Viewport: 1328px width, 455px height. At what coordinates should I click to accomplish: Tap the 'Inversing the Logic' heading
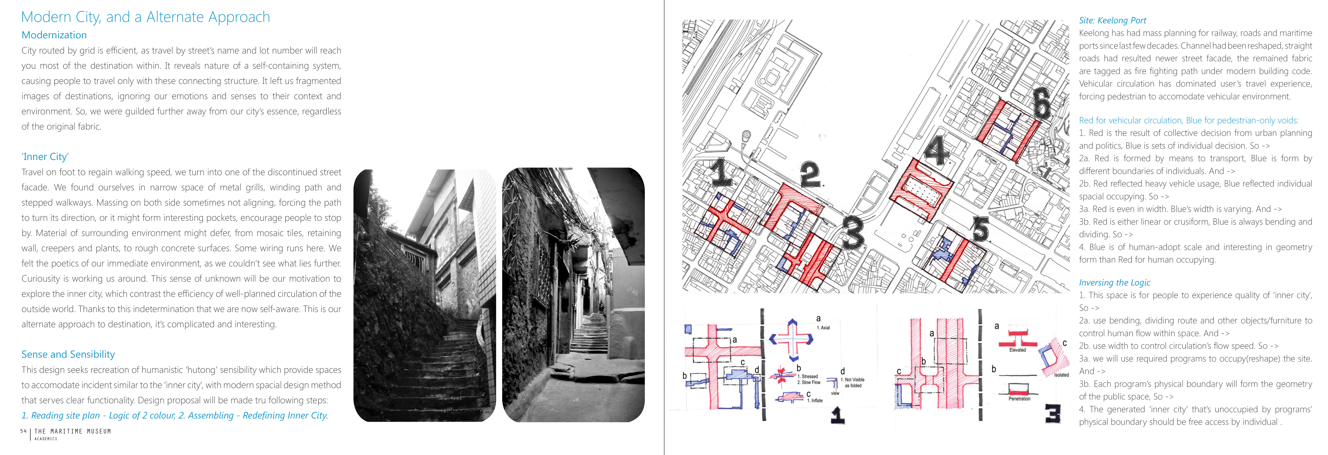(1114, 282)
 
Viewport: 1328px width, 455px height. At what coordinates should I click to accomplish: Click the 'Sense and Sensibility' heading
(68, 354)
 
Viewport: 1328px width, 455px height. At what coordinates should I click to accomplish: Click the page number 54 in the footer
(23, 431)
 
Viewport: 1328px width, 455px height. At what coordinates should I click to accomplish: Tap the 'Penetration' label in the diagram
(1019, 398)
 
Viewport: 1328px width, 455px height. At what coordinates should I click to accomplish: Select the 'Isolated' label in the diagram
(1062, 375)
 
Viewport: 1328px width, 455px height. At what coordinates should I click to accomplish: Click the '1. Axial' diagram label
(823, 328)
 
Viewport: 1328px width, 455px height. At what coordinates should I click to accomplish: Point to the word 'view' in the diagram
(835, 393)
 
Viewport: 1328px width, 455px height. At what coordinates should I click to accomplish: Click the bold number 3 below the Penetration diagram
(1052, 414)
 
